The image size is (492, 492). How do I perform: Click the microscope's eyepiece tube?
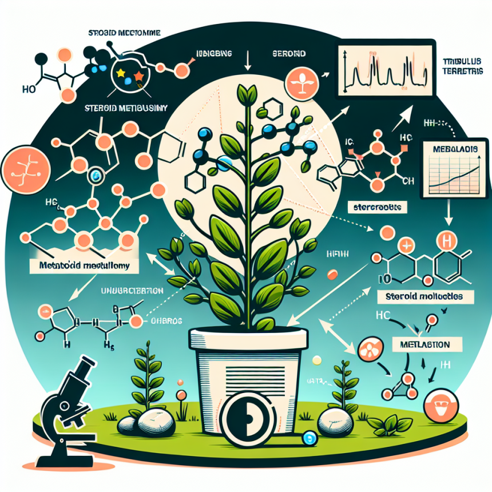point(85,367)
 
